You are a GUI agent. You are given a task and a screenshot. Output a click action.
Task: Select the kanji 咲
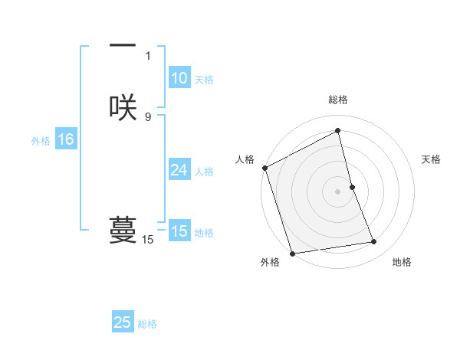(123, 107)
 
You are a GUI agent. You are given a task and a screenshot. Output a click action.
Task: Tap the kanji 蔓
(123, 230)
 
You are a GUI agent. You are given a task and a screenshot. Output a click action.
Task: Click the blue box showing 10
(179, 78)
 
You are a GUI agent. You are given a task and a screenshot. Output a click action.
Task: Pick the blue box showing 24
(179, 170)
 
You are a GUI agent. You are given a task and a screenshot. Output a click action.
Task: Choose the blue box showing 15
(179, 231)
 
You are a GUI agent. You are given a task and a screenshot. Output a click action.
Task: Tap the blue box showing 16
(65, 139)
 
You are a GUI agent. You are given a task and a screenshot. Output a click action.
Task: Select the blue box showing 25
(123, 322)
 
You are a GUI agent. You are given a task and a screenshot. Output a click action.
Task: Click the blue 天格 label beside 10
(204, 80)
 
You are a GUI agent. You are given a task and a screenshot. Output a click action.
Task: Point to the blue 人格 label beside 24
(204, 172)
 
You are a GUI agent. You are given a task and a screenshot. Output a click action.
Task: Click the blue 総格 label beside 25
(147, 324)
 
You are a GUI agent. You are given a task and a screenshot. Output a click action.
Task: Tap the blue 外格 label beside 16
(41, 141)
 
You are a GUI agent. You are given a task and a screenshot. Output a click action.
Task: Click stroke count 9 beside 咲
(148, 116)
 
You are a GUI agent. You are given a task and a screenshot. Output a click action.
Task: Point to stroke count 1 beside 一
(148, 55)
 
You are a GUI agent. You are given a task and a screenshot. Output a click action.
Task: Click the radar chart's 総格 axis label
(337, 100)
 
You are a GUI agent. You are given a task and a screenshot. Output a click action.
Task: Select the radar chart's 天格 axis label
(431, 159)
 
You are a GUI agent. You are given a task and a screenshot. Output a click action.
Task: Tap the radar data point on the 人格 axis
(264, 168)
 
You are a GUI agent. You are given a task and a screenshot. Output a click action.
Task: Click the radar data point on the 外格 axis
(292, 253)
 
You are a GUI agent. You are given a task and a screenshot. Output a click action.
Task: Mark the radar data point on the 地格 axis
(374, 242)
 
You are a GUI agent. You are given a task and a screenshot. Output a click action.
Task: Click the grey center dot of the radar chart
(337, 191)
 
